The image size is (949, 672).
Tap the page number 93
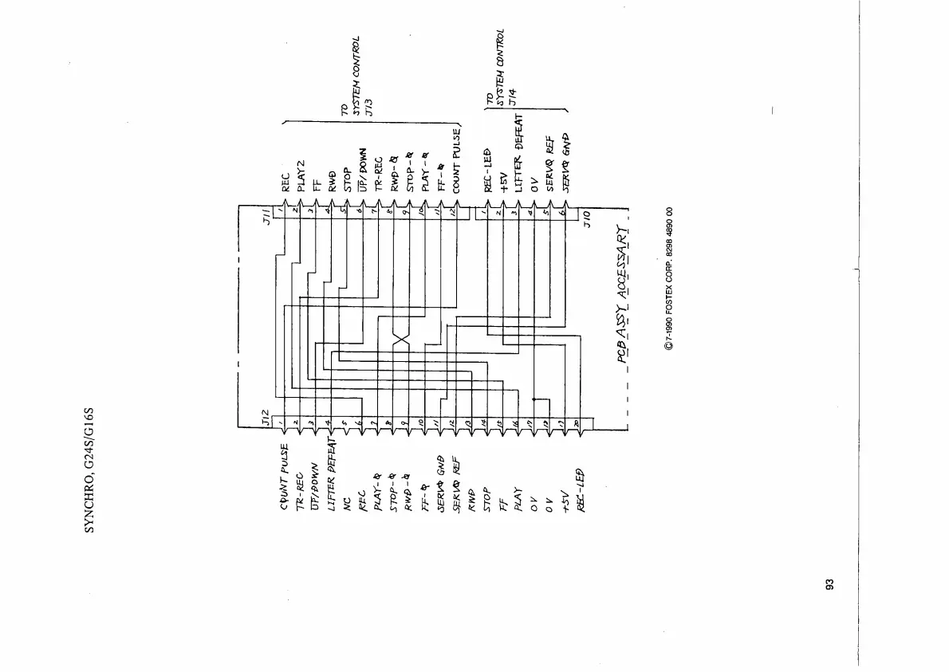click(829, 586)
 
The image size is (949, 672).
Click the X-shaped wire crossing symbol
click(401, 341)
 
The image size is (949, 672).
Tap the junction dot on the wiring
click(534, 399)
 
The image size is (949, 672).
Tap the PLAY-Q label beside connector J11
click(425, 172)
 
